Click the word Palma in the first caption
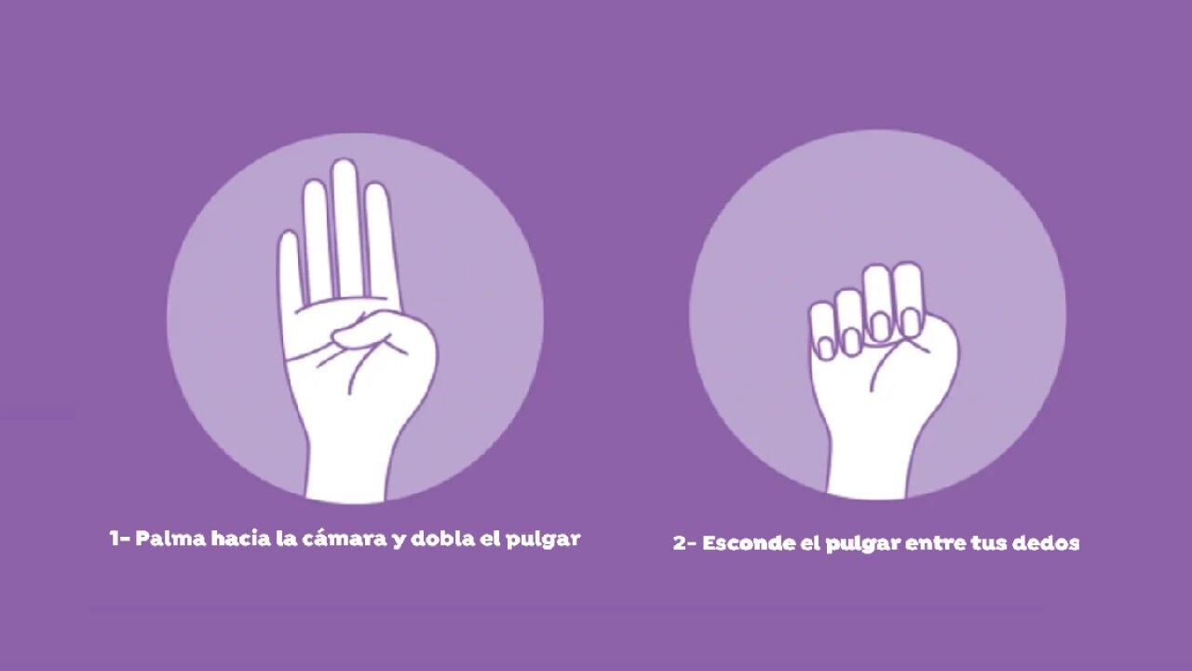pos(170,539)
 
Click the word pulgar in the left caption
pos(543,540)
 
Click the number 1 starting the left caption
pos(115,539)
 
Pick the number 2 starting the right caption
pos(679,543)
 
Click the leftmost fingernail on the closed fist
pos(826,349)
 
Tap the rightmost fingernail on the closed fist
pos(911,323)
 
